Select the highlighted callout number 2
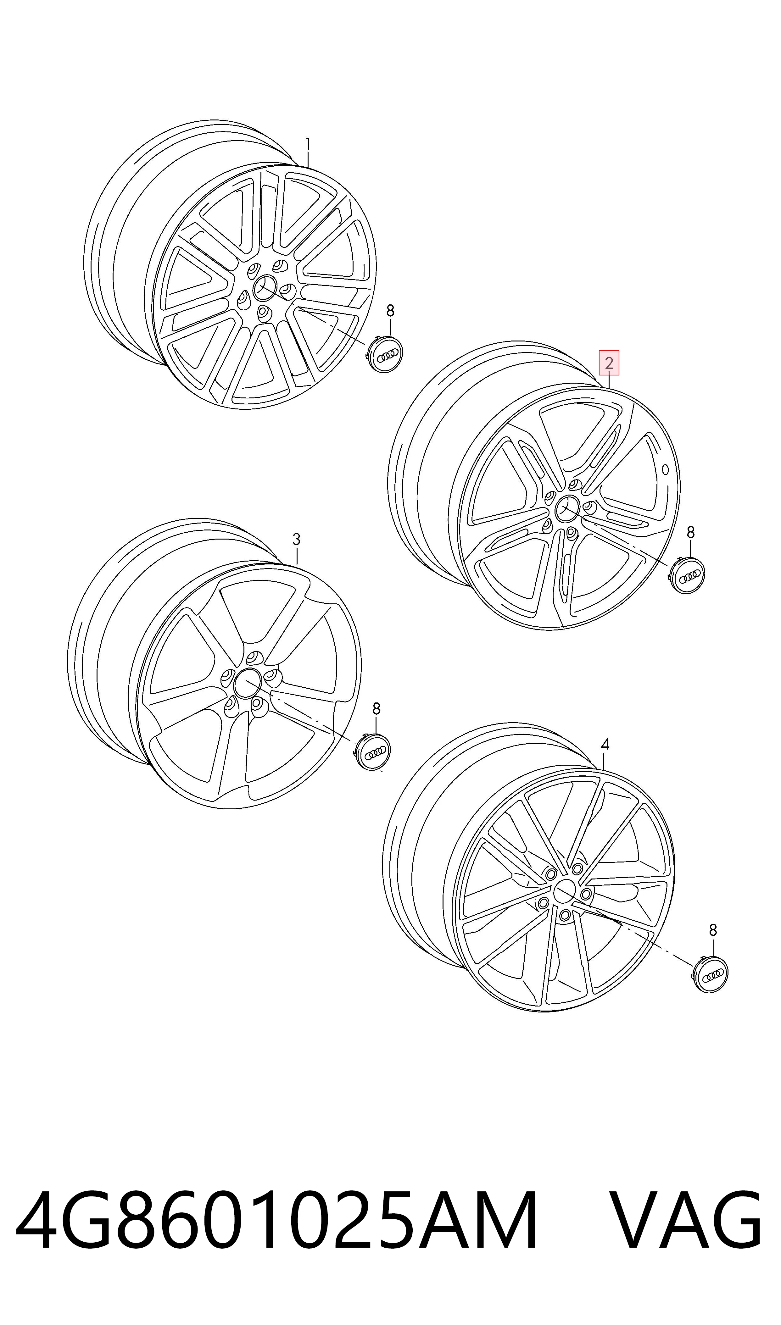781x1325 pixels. coord(609,363)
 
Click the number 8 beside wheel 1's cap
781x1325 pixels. coord(390,311)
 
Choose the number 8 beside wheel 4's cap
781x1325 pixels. coord(713,930)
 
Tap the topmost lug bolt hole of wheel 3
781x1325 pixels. coord(255,657)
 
